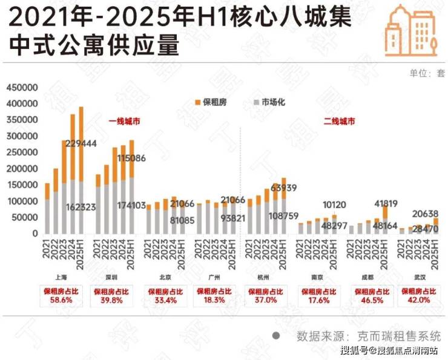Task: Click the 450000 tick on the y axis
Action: click(x=22, y=88)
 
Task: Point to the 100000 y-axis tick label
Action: click(x=22, y=201)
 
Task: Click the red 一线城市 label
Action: click(x=125, y=122)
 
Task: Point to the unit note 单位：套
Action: click(x=427, y=73)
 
